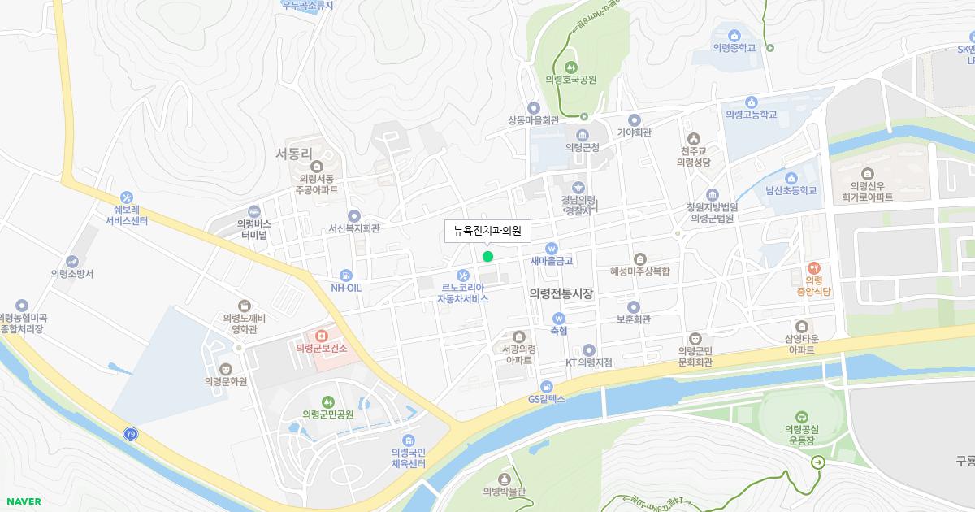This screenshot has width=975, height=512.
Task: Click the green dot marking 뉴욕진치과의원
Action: (487, 257)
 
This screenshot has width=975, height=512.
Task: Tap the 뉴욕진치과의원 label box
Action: (487, 231)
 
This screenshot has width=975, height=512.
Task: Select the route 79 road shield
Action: (131, 435)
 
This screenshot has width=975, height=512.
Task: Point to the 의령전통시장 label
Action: (561, 293)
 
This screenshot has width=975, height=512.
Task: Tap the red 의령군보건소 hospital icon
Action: (322, 335)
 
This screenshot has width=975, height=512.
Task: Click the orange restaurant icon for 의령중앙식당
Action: (813, 267)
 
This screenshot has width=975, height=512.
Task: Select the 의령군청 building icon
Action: (582, 135)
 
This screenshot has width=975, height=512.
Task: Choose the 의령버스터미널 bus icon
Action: (254, 210)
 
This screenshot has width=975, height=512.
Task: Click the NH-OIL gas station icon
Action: (346, 275)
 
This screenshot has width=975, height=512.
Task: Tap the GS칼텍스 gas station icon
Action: (546, 386)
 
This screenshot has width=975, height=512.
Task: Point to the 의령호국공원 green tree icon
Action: (570, 67)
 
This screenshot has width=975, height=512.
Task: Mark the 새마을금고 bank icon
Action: (552, 248)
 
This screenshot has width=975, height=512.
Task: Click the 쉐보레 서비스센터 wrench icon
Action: (126, 197)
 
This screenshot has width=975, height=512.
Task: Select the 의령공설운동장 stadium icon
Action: (802, 416)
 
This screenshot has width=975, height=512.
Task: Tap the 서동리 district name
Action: (294, 153)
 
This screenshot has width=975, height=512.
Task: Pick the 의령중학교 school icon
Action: (734, 35)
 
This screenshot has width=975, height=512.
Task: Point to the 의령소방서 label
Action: (72, 274)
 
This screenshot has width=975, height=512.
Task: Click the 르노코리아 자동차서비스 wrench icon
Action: (463, 275)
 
